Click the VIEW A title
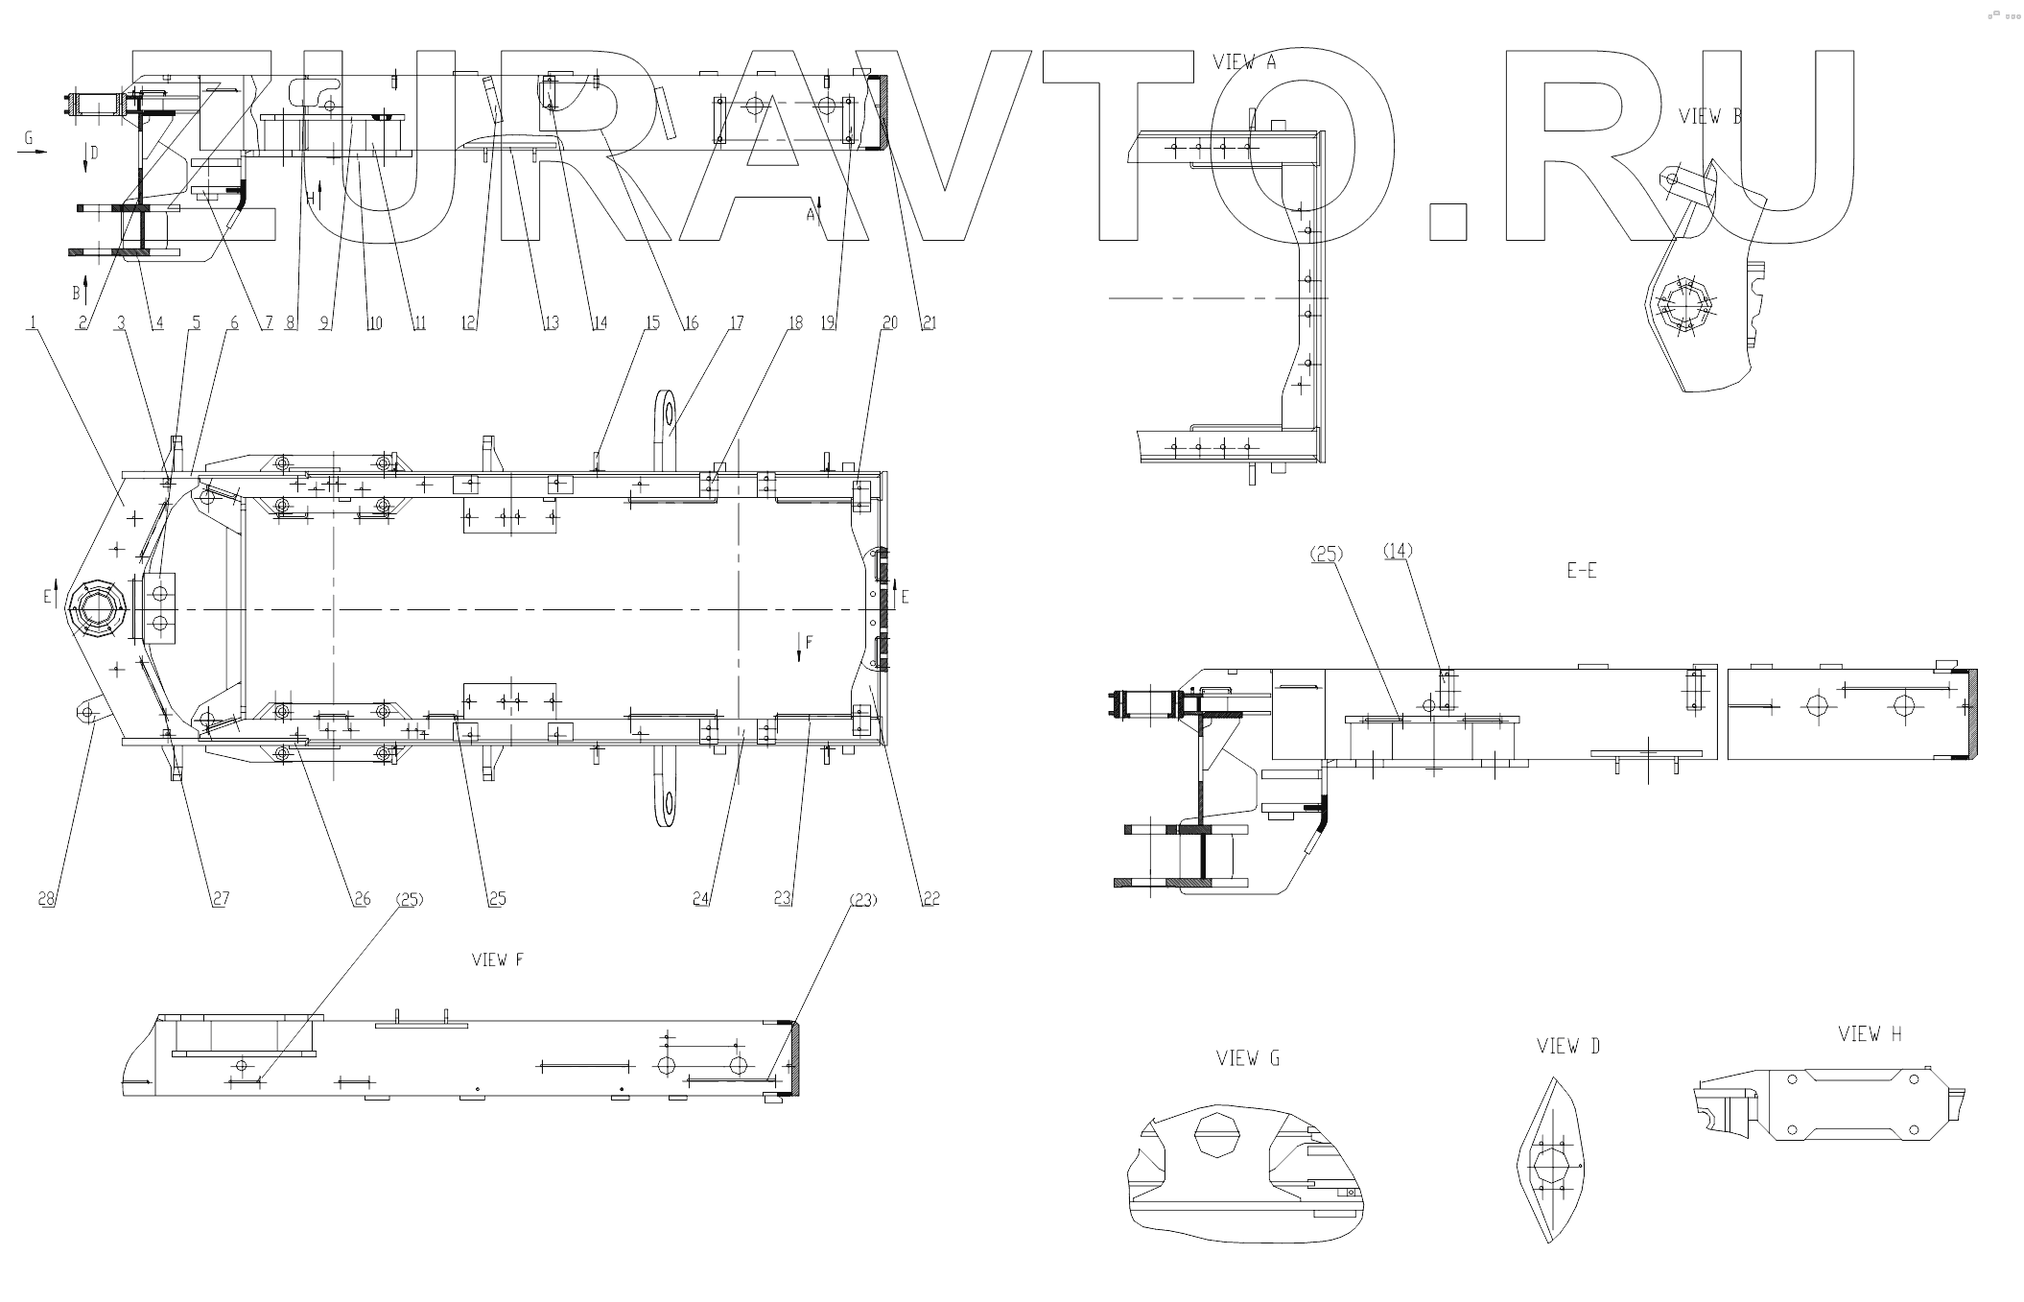coord(1244,62)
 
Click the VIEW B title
coord(1709,117)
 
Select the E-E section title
coord(1582,570)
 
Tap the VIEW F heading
coord(497,959)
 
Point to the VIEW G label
coord(1248,1058)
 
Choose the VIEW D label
coord(1568,1046)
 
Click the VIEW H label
coord(1870,1033)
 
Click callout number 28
coord(46,899)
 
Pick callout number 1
coord(35,323)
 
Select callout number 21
coord(928,323)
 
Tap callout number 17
coord(736,323)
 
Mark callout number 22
coord(930,899)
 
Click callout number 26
coord(362,899)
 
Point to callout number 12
coord(468,323)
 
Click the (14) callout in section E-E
coord(1398,551)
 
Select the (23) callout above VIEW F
coord(863,900)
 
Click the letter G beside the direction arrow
coord(29,139)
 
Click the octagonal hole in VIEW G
coord(1214,1135)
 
